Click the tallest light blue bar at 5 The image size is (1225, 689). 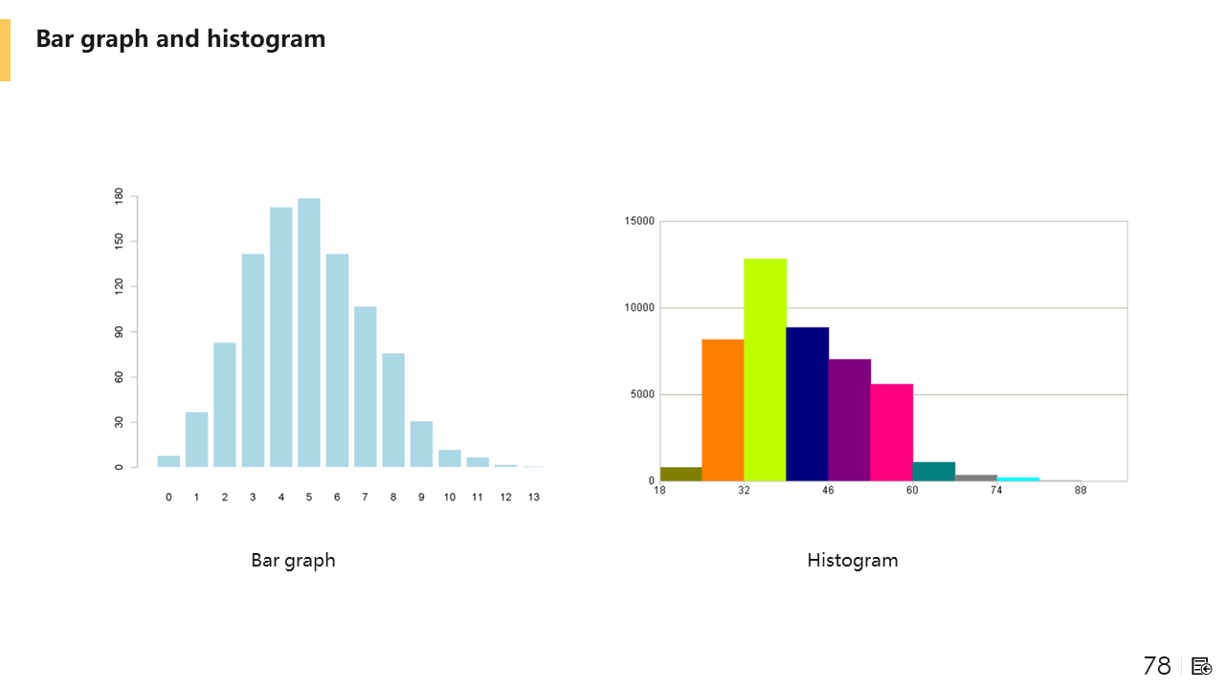(309, 332)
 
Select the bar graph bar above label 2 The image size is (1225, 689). (225, 405)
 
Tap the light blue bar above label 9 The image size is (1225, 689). (421, 444)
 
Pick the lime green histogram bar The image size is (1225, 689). (765, 369)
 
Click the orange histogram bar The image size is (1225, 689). (723, 410)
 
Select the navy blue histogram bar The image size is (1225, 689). (807, 404)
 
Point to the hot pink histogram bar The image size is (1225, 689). (891, 432)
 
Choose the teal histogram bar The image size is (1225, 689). (933, 471)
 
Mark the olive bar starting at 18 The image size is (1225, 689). (680, 474)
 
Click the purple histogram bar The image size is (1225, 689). (849, 419)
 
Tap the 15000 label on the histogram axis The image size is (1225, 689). (639, 221)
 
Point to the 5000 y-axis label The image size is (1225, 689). (642, 394)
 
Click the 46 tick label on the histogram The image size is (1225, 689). (828, 490)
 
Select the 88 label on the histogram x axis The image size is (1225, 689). (1080, 490)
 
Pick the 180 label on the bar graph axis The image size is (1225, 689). (120, 196)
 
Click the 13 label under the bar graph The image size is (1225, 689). (534, 497)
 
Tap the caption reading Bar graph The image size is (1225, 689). (293, 560)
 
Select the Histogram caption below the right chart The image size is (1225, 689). (852, 560)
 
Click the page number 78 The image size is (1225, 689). (1156, 666)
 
